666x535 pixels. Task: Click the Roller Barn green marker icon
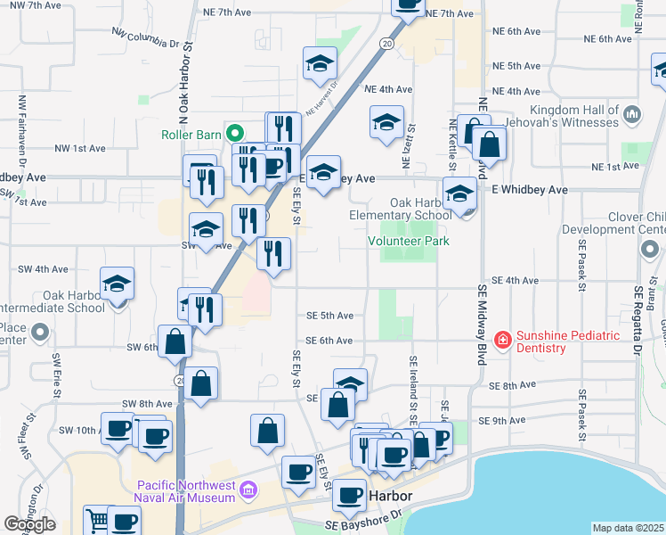236,135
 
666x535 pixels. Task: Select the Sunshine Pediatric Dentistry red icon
502,340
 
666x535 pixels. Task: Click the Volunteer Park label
409,241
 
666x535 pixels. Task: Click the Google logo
29,524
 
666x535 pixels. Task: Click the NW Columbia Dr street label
147,37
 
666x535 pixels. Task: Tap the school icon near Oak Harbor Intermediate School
117,284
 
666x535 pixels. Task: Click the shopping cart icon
96,520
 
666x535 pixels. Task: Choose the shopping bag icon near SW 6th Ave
175,342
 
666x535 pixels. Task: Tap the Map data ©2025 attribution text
629,528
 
